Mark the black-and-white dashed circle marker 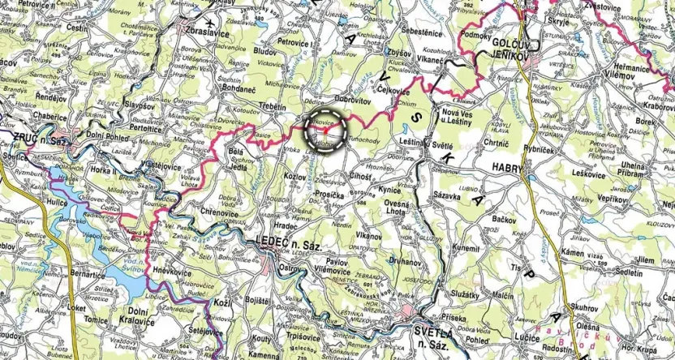[324, 129]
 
